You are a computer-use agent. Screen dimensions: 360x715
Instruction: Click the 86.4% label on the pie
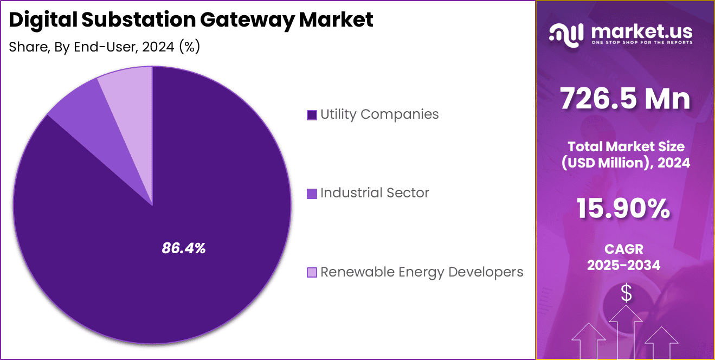tap(184, 249)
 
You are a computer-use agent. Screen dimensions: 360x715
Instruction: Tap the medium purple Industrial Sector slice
tap(92, 119)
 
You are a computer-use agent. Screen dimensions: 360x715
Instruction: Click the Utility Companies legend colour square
tap(312, 115)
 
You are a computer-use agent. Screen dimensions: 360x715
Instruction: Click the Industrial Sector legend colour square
tap(312, 194)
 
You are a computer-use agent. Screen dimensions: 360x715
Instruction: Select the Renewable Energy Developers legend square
tap(312, 272)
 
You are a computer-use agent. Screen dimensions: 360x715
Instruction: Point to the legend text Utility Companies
tap(379, 114)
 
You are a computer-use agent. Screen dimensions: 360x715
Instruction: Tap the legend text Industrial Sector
tap(375, 193)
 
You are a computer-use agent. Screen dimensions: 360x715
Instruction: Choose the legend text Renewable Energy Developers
tap(422, 272)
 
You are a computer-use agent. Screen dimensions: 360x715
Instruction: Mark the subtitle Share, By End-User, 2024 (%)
tap(105, 47)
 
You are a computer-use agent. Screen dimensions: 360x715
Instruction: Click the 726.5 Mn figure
tap(625, 99)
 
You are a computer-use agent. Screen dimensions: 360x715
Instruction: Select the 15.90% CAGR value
tap(623, 209)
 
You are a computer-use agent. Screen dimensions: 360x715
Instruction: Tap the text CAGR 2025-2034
tap(625, 257)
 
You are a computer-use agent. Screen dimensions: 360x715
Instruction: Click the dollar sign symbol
tap(626, 293)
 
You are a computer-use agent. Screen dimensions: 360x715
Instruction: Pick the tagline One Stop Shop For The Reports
tap(641, 42)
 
